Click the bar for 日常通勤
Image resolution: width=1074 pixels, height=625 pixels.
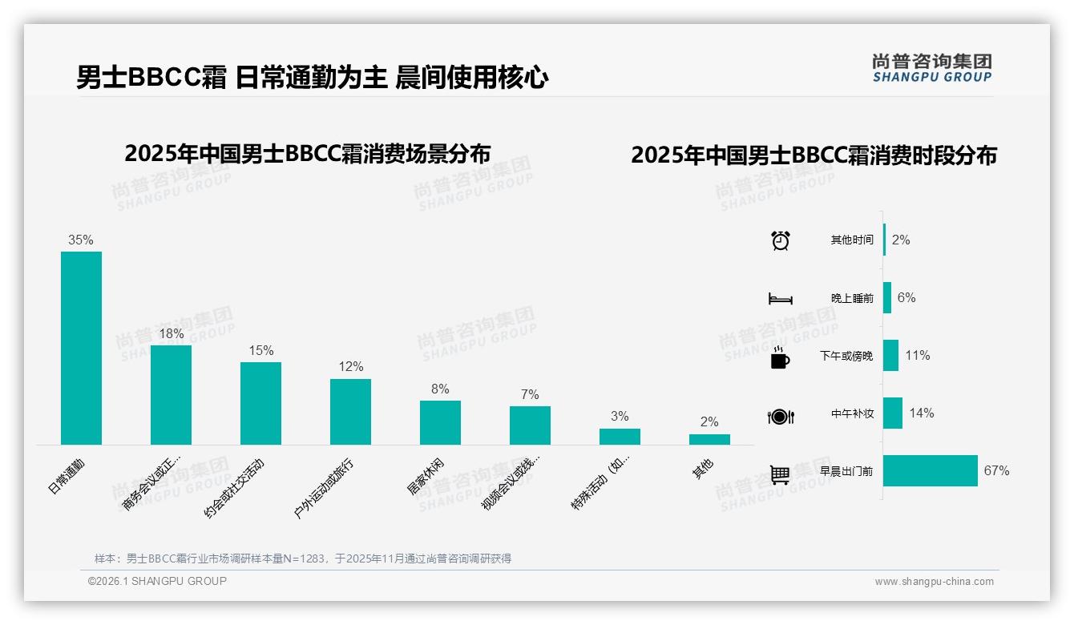82,348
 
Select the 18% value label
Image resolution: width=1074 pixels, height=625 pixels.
171,333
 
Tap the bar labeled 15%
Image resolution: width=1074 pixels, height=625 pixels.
260,403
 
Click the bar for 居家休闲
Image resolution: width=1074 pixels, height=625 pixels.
440,422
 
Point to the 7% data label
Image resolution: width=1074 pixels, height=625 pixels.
530,394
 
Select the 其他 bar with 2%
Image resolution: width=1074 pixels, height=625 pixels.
709,439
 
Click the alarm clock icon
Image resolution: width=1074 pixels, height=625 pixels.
780,240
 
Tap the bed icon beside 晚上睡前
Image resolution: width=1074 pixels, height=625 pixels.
780,298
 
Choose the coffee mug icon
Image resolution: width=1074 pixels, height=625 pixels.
780,357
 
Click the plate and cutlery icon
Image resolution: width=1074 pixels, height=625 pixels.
780,416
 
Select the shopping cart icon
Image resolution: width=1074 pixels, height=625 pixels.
780,474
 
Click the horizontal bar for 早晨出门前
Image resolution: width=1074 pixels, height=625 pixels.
931,471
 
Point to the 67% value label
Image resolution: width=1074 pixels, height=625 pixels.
996,471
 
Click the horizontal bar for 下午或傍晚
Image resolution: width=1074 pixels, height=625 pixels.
890,356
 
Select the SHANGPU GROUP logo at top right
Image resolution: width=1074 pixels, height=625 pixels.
931,68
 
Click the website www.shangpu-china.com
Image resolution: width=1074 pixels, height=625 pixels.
934,582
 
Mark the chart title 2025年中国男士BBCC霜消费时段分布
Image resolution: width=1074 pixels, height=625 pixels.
814,155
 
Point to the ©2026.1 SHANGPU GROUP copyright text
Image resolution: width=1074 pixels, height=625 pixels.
157,581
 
